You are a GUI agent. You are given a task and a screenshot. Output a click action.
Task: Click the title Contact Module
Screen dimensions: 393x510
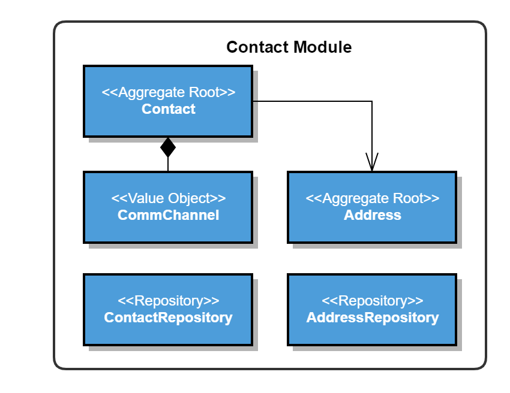(289, 47)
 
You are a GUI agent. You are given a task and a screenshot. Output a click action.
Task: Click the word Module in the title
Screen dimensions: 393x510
(324, 47)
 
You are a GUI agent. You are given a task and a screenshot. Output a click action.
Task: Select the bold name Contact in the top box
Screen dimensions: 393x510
(169, 109)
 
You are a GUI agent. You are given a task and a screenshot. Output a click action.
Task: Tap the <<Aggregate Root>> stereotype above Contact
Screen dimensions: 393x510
(169, 93)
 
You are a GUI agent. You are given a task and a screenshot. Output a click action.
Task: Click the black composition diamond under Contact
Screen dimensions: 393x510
(168, 147)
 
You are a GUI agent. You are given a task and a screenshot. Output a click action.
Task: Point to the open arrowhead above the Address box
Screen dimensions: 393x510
(372, 162)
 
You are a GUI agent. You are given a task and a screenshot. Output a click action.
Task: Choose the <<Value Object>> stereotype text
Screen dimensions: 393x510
(169, 198)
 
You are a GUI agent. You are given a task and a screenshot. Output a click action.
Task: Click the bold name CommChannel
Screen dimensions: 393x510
(169, 215)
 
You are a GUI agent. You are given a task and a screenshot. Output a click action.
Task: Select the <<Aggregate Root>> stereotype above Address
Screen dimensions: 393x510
(373, 198)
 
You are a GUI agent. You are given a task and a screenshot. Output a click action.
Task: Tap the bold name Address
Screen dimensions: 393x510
(373, 215)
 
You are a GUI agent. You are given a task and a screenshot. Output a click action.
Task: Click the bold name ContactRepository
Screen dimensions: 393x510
(169, 318)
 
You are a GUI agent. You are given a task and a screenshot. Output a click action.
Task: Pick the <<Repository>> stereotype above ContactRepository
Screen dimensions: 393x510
(169, 301)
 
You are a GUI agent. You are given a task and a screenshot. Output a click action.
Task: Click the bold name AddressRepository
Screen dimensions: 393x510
(373, 318)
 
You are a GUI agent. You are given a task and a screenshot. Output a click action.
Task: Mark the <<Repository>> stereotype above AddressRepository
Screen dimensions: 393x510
(373, 301)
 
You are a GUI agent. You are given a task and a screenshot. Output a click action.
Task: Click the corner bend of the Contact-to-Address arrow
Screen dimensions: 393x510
(372, 101)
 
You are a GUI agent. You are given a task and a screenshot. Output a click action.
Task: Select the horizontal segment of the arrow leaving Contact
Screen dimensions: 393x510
(312, 101)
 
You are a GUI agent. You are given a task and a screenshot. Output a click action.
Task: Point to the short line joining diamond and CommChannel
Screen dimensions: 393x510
(168, 164)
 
